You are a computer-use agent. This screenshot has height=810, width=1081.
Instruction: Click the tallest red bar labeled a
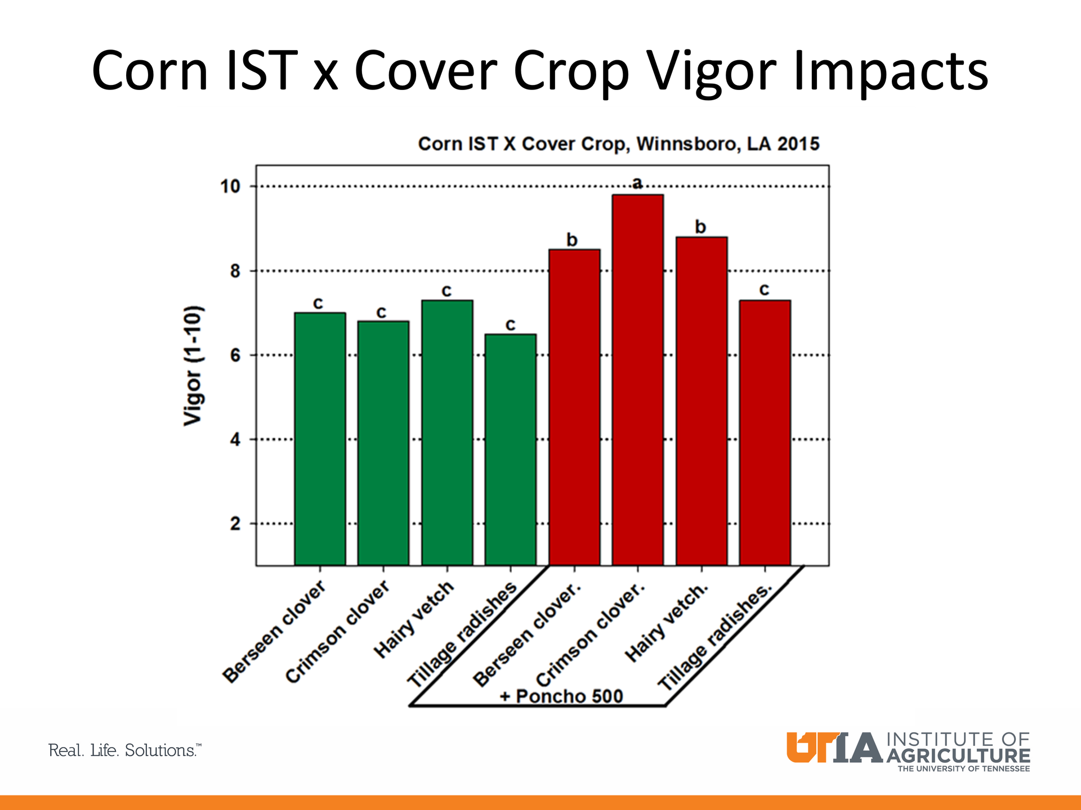tap(637, 380)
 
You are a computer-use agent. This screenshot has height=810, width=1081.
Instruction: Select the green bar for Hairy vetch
tap(447, 433)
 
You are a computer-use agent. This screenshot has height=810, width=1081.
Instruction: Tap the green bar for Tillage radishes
tap(510, 449)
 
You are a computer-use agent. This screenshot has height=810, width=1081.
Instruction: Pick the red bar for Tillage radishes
tap(765, 433)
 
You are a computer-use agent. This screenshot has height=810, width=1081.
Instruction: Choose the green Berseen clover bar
tap(320, 439)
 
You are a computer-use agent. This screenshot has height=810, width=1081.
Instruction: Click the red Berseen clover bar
tap(574, 407)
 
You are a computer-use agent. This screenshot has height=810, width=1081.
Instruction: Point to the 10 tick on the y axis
tap(230, 186)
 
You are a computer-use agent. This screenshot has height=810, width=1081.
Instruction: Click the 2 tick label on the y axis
tap(235, 524)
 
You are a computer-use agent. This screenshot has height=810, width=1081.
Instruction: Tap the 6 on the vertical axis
tap(235, 355)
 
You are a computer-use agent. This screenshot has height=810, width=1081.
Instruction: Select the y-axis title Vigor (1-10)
tap(193, 366)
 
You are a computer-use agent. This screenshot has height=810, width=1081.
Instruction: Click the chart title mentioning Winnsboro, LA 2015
tap(618, 144)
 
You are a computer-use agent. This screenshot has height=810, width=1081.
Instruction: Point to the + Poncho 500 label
tap(561, 696)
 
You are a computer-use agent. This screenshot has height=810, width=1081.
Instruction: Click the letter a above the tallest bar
tap(637, 183)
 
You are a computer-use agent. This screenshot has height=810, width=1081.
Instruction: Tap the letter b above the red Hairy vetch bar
tap(700, 227)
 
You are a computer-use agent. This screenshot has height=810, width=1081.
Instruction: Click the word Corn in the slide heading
tap(150, 71)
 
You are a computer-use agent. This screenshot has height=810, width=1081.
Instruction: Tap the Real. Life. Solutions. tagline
tap(124, 750)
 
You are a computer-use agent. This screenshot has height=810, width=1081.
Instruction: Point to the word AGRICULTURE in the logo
tap(958, 755)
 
